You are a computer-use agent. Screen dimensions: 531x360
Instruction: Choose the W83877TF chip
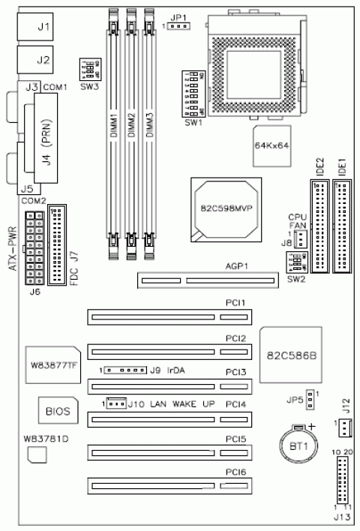tap(53, 362)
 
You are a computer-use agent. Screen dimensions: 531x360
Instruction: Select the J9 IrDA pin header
tap(124, 370)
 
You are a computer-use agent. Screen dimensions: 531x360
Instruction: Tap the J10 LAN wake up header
tap(115, 404)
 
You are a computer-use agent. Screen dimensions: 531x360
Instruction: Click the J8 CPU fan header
tap(298, 241)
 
